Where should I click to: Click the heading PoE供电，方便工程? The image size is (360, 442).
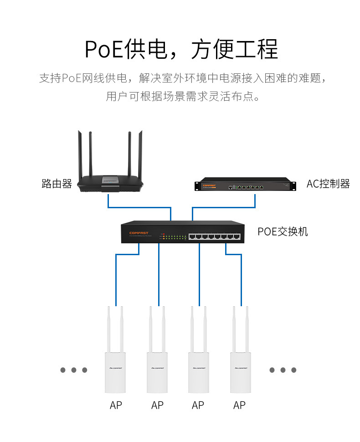[x=181, y=49]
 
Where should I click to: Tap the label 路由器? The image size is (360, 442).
[x=57, y=184]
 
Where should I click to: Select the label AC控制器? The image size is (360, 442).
[x=328, y=184]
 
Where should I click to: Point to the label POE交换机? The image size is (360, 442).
[x=283, y=231]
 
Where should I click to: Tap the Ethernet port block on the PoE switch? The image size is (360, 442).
[x=214, y=236]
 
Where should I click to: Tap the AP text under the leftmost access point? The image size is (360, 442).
[x=116, y=405]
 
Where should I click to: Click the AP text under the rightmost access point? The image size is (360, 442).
[x=239, y=405]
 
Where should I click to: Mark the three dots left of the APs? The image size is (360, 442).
[x=74, y=370]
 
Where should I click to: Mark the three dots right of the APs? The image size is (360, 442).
[x=283, y=370]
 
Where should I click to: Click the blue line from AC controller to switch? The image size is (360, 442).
[x=223, y=208]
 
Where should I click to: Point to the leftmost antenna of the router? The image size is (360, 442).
[x=80, y=155]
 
